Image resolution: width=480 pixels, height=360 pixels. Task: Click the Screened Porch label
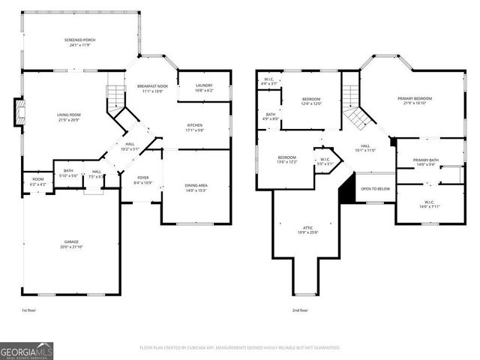click(79, 42)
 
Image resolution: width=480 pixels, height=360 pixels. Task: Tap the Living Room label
click(68, 117)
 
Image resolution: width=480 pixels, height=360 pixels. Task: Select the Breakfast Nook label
click(151, 88)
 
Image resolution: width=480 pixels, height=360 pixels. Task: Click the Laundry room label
click(204, 88)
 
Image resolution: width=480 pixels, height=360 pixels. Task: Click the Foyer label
click(142, 180)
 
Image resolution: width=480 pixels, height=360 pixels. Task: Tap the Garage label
click(70, 244)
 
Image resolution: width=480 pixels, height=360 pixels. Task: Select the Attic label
click(307, 229)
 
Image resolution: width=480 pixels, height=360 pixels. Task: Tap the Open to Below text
click(376, 189)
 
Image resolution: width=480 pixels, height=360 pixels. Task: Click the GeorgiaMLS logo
click(27, 349)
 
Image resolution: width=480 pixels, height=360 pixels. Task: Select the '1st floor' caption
click(28, 310)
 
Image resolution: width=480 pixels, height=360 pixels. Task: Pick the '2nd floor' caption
click(301, 310)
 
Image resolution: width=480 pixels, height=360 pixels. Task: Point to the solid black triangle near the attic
click(346, 190)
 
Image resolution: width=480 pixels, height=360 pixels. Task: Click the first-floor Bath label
click(68, 172)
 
